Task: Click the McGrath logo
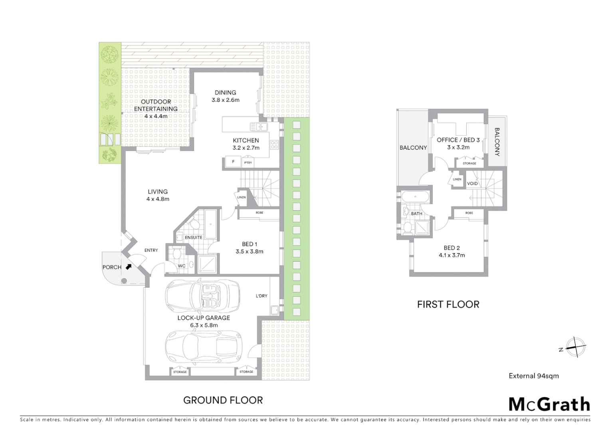[549, 404]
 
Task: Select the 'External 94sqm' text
[534, 376]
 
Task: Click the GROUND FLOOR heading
[223, 400]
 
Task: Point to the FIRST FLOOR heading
[448, 304]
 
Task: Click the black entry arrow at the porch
[129, 267]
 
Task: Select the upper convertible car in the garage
[202, 296]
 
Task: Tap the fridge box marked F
[233, 162]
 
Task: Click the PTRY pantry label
[248, 162]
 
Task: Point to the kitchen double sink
[259, 127]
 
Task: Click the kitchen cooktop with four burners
[274, 145]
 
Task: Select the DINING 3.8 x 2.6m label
[225, 96]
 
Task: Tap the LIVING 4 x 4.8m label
[158, 195]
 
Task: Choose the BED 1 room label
[250, 247]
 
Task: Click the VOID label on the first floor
[472, 184]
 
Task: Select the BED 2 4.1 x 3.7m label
[452, 251]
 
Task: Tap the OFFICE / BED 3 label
[458, 143]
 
